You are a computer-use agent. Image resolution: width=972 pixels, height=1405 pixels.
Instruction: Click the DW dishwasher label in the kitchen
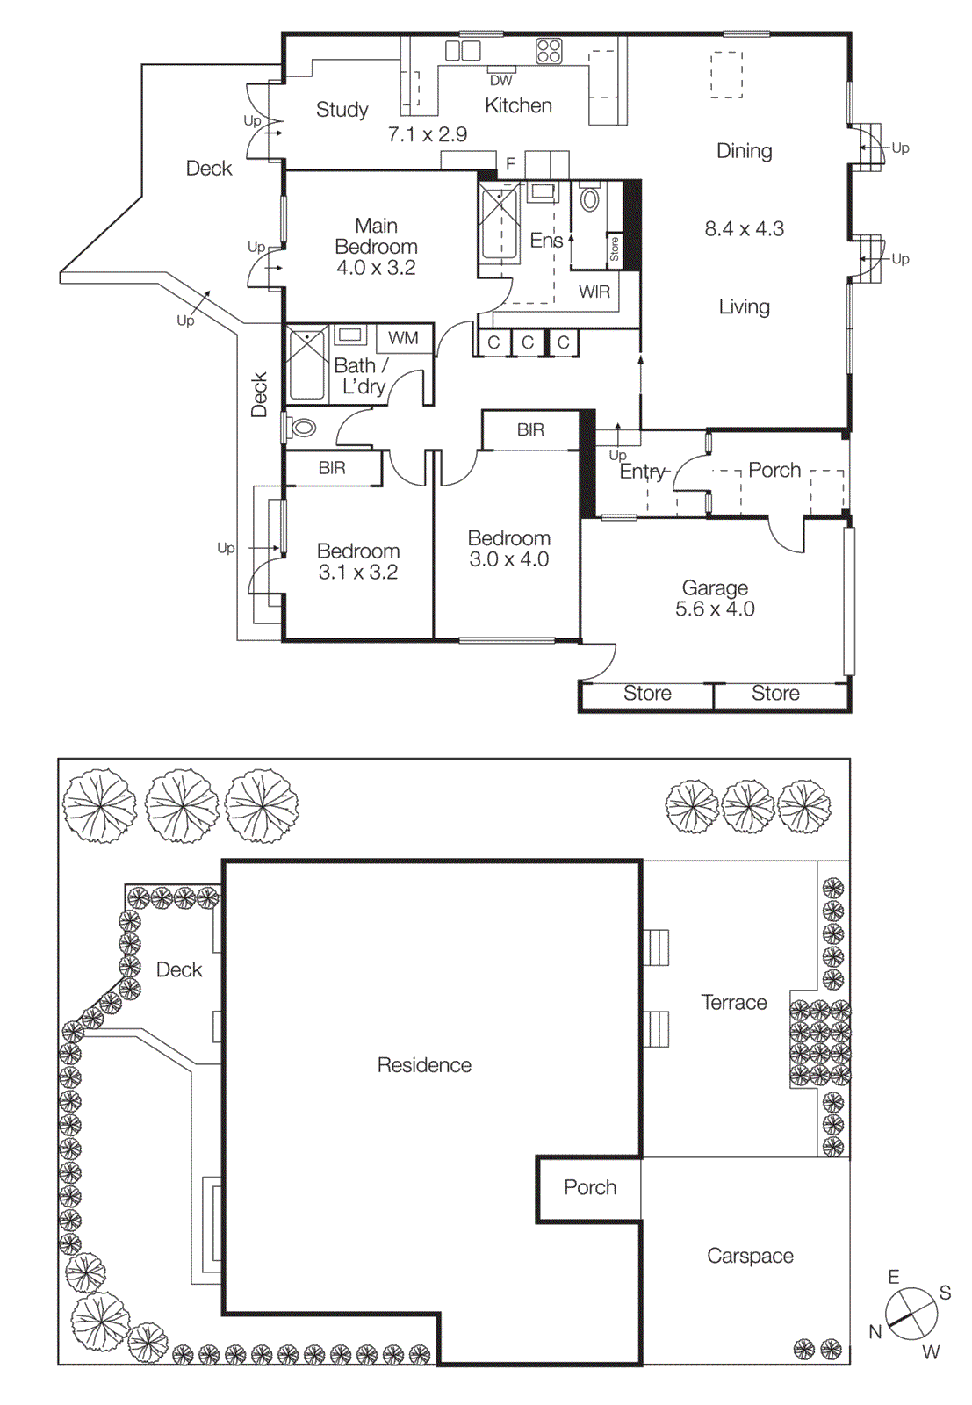click(500, 80)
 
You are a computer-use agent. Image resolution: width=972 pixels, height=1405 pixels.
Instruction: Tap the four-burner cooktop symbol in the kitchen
click(549, 51)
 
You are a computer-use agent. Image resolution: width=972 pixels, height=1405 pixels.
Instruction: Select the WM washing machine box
click(403, 338)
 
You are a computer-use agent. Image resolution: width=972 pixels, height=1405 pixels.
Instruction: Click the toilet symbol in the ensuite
click(590, 199)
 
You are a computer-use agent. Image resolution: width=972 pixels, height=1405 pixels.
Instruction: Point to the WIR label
click(594, 292)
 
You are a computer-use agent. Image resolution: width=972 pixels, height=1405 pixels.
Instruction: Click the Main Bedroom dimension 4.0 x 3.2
click(376, 268)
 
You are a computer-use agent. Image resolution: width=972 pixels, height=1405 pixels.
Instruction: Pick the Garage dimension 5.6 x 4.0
click(715, 609)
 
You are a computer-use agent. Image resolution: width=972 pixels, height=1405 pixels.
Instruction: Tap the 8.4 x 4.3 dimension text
click(745, 229)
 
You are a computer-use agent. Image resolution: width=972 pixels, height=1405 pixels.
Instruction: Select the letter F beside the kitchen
click(510, 164)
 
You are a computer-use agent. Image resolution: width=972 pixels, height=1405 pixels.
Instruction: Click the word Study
click(342, 110)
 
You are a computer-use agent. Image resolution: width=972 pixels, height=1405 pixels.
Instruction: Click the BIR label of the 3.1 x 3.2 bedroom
click(332, 468)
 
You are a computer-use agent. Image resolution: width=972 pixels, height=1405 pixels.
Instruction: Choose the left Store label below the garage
click(647, 694)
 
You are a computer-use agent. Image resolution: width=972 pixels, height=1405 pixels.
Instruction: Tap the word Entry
click(643, 472)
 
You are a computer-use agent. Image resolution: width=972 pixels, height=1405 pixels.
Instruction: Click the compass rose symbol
click(912, 1314)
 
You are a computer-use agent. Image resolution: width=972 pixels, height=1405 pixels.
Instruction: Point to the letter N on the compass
click(875, 1332)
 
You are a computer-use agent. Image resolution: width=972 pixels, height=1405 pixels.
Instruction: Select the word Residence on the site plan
click(424, 1065)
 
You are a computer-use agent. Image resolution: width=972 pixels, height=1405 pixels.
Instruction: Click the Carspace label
click(750, 1257)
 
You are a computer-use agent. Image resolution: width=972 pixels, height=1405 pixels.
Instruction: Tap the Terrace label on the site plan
click(734, 1003)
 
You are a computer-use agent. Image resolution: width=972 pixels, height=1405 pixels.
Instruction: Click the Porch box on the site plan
click(590, 1188)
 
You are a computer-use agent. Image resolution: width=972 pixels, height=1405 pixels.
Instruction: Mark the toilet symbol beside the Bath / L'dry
click(302, 429)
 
